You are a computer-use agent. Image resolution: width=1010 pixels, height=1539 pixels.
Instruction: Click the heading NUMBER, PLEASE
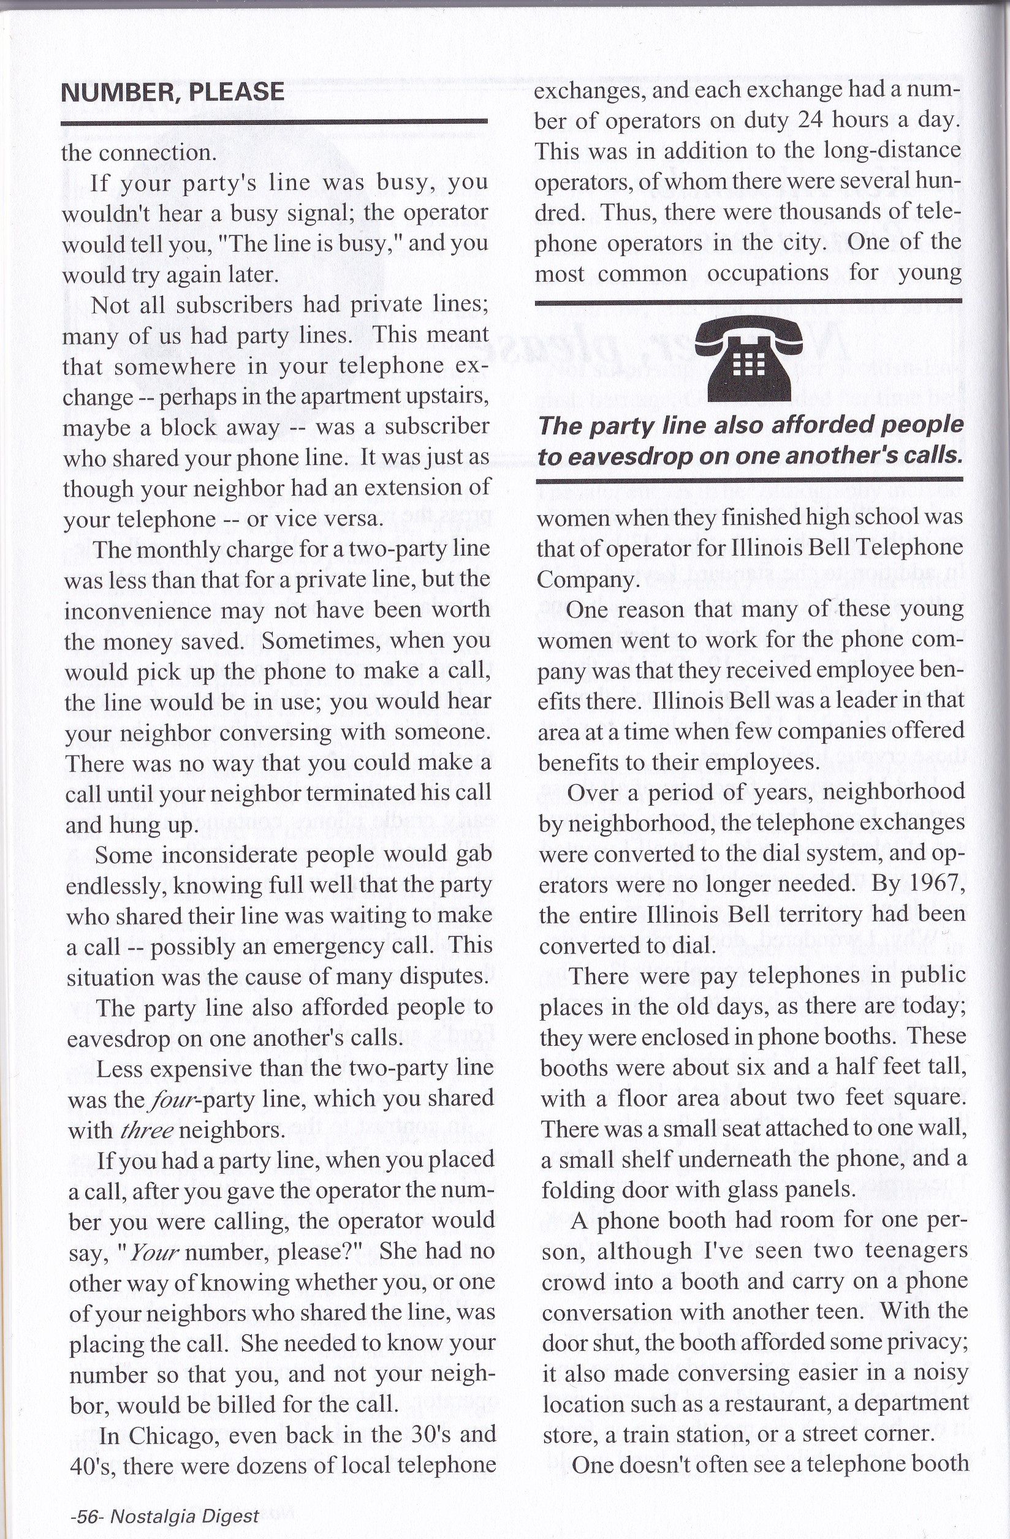172,92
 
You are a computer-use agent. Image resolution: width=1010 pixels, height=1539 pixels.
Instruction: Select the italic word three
147,1130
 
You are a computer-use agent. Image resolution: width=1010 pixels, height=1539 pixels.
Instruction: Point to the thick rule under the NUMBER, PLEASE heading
273,121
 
